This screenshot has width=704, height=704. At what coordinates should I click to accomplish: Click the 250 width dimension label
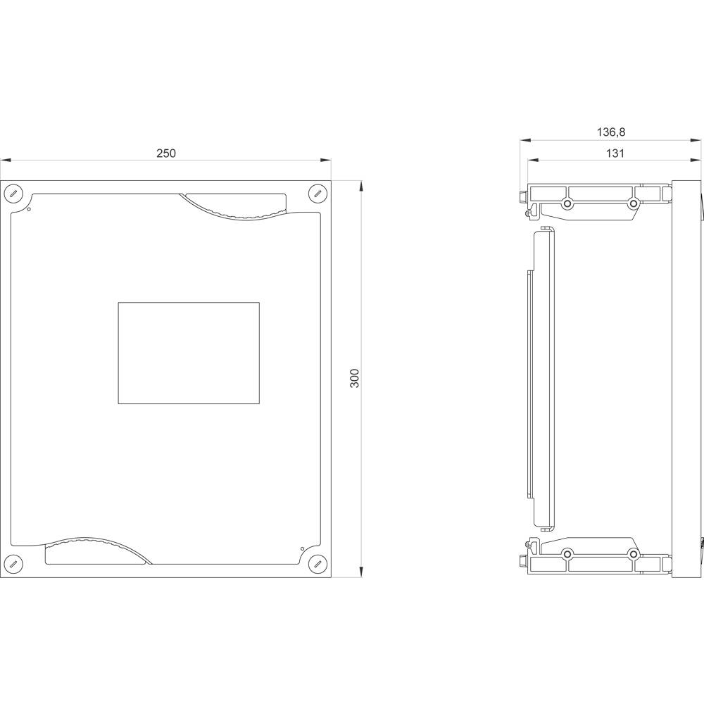tap(166, 153)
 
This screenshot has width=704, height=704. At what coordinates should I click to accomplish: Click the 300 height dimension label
tap(355, 379)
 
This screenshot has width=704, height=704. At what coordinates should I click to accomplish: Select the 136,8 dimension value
tap(610, 132)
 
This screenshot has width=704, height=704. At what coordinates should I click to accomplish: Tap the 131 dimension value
tap(615, 153)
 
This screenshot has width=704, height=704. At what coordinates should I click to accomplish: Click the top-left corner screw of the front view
tap(13, 194)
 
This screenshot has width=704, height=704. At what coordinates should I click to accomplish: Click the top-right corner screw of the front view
tap(318, 194)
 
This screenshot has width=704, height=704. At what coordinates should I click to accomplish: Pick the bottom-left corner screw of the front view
tap(13, 563)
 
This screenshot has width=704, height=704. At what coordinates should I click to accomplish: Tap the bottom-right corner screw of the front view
tap(318, 563)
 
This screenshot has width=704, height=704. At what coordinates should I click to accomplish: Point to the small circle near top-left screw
tap(29, 209)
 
